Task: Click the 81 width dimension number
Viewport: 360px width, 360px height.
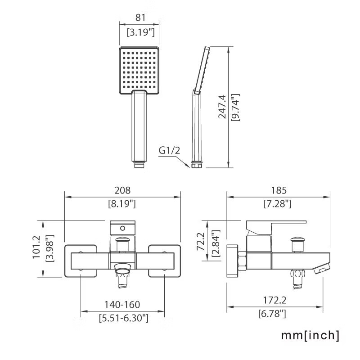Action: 140,18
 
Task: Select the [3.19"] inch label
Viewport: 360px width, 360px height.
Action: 141,32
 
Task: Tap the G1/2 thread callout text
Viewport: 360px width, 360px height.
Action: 169,151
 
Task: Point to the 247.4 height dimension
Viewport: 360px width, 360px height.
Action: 222,107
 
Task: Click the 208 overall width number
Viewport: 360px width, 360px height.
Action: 122,190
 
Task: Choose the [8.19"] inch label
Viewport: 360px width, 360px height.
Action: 122,204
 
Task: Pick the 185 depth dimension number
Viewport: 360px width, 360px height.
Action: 279,190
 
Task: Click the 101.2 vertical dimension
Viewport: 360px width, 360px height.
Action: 36,247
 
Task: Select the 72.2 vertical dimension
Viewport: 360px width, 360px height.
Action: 200,241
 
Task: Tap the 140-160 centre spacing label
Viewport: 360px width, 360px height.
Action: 122,305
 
